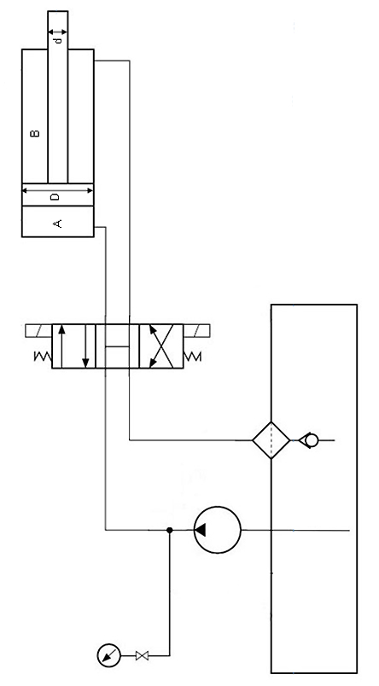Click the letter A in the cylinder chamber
point(57,224)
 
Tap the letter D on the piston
point(55,197)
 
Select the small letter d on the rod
point(60,41)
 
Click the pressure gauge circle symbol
point(108,655)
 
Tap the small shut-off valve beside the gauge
point(142,655)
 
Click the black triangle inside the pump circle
point(201,530)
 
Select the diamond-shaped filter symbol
point(271,440)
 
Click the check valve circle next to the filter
point(312,440)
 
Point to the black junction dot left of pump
point(170,530)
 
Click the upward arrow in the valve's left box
point(62,346)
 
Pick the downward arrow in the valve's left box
point(85,346)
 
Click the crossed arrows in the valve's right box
point(161,346)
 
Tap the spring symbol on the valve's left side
point(43,357)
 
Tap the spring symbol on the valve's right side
point(193,357)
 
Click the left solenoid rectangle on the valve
point(39,331)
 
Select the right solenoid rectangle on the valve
point(196,331)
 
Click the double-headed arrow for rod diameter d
point(58,32)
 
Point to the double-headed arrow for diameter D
point(58,190)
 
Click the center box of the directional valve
point(117,346)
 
